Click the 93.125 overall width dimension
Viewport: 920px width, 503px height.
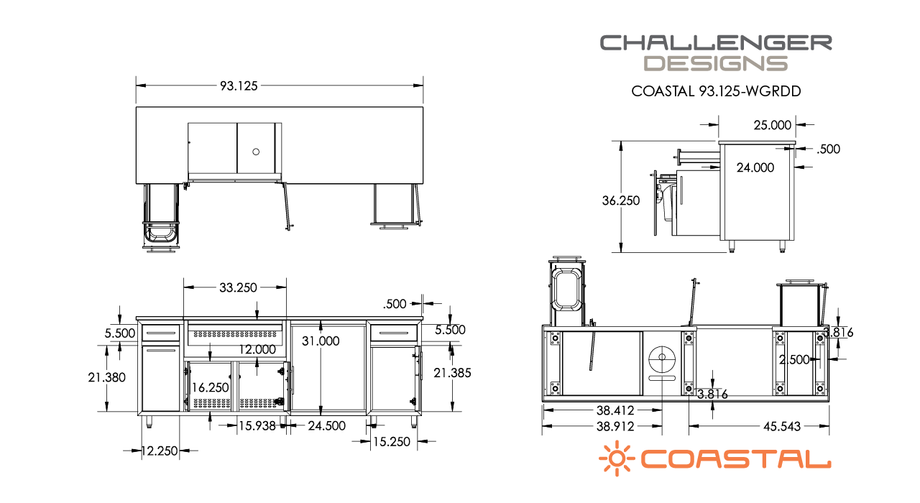(x=239, y=86)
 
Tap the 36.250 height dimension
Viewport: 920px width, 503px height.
(x=621, y=201)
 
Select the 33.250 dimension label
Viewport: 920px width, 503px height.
(x=237, y=287)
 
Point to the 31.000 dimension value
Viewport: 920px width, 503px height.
(x=321, y=341)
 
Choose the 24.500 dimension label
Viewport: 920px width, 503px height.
(x=326, y=425)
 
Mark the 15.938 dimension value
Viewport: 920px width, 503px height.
(x=257, y=425)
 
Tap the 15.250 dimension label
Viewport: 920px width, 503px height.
(x=391, y=441)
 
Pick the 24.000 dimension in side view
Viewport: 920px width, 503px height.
(x=755, y=167)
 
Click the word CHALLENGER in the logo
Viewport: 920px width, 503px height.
(x=716, y=42)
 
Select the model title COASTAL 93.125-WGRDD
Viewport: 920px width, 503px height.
(x=716, y=91)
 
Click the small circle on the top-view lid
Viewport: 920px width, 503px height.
(x=256, y=152)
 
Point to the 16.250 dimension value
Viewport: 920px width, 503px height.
(x=211, y=387)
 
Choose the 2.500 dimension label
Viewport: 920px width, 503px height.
(x=795, y=359)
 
